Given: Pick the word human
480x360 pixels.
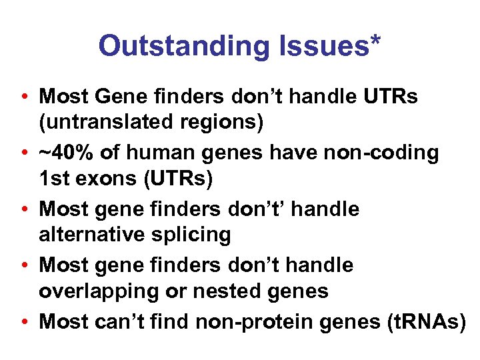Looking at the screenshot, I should pos(159,153).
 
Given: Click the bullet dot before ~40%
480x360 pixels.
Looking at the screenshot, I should pos(23,153).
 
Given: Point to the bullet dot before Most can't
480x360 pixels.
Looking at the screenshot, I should pos(23,322).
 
